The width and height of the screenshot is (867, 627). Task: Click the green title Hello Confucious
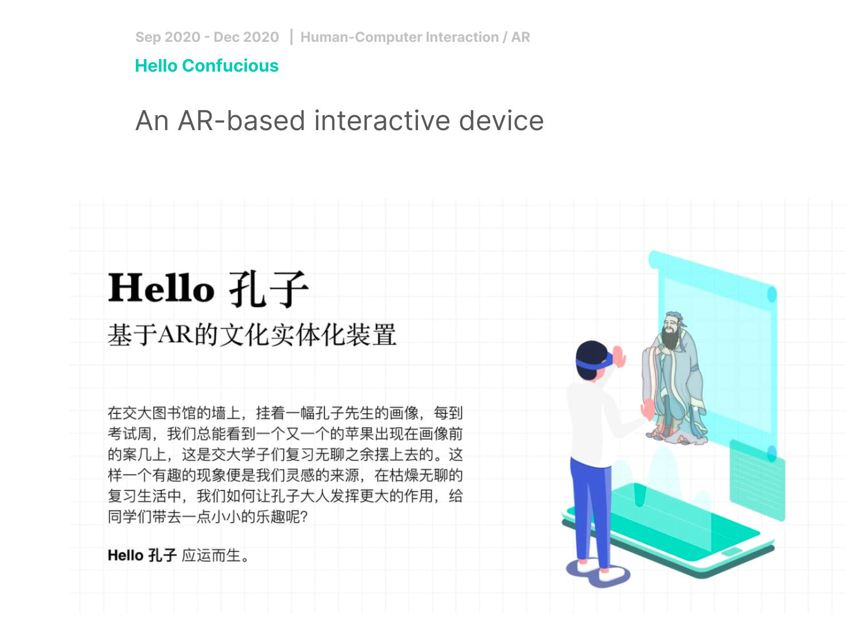[x=206, y=66]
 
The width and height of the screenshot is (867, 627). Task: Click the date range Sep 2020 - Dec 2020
[x=207, y=37]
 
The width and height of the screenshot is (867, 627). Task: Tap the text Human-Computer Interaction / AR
[x=415, y=37]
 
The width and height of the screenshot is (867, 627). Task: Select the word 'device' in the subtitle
[x=501, y=121]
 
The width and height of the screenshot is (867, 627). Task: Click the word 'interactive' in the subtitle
[x=382, y=121]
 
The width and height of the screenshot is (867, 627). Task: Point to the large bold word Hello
[x=161, y=288]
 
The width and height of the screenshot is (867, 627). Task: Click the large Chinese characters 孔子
[x=269, y=289]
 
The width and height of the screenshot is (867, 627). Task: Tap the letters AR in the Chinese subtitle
[x=175, y=334]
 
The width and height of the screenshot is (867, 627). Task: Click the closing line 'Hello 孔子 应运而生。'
[x=178, y=555]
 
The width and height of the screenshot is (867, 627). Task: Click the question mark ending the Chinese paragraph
[x=304, y=517]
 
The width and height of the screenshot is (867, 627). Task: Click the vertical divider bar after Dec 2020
[x=291, y=37]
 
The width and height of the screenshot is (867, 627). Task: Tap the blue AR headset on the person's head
[x=595, y=362]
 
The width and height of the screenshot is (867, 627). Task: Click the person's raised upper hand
[x=619, y=356]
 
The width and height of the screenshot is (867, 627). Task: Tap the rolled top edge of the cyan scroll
[x=712, y=275]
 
